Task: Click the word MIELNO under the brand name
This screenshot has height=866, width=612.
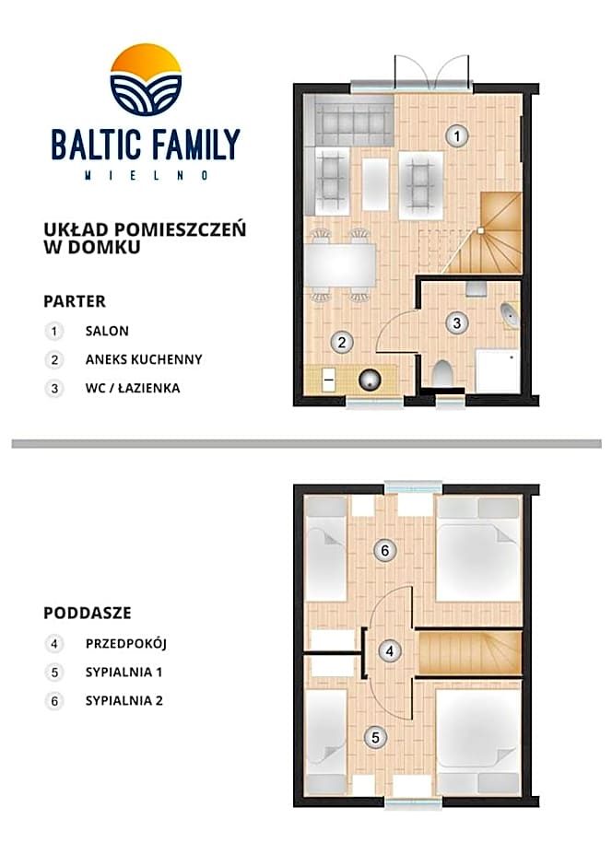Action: (x=146, y=175)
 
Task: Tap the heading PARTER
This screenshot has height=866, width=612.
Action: (x=75, y=301)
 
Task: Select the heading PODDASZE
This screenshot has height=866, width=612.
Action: (x=88, y=613)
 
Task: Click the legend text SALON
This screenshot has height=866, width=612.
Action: (x=107, y=331)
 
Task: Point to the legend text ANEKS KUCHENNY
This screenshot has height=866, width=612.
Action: (x=143, y=359)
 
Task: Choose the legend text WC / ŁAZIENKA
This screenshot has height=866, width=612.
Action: (x=133, y=388)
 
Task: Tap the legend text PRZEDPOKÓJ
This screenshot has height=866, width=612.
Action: (x=125, y=643)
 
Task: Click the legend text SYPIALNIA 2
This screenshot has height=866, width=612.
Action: (x=124, y=700)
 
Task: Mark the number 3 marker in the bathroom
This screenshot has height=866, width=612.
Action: (x=456, y=322)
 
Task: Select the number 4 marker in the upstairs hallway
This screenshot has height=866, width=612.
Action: (x=391, y=651)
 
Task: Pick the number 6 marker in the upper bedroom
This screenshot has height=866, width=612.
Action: (x=387, y=551)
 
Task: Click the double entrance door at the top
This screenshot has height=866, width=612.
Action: (x=432, y=73)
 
